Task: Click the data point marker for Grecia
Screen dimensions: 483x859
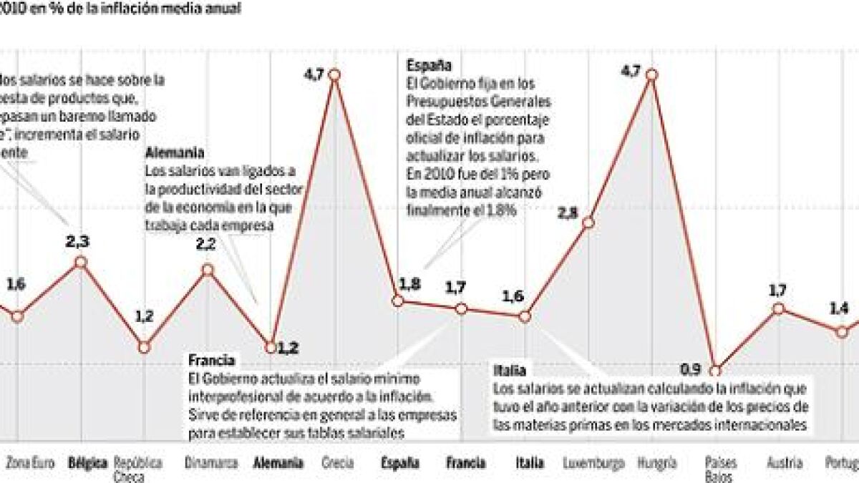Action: pyautogui.click(x=334, y=74)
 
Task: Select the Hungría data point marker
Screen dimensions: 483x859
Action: pyautogui.click(x=651, y=74)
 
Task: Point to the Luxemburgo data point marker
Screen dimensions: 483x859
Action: pyautogui.click(x=588, y=223)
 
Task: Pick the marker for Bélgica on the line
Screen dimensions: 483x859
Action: pyautogui.click(x=80, y=262)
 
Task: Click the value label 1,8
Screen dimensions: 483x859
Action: pyautogui.click(x=410, y=285)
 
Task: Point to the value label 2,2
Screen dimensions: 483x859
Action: pyautogui.click(x=205, y=245)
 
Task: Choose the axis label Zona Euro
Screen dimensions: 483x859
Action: pyautogui.click(x=26, y=463)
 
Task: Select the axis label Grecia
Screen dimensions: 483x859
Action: pyautogui.click(x=338, y=463)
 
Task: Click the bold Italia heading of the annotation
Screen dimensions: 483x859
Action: pyautogui.click(x=510, y=371)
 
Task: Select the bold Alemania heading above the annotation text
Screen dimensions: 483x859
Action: pyautogui.click(x=174, y=153)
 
